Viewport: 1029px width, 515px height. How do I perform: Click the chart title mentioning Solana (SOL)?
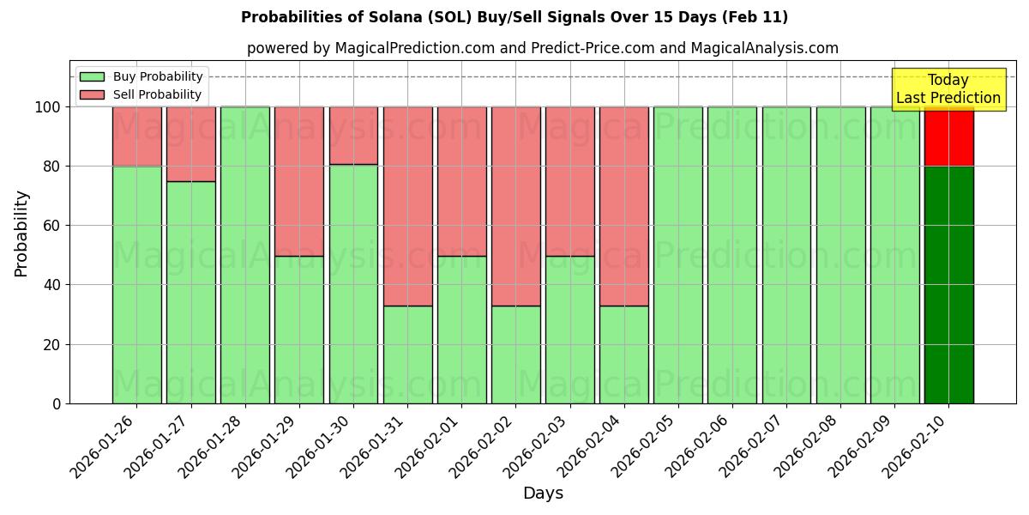[x=514, y=17]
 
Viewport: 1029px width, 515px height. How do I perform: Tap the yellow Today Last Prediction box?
[x=948, y=89]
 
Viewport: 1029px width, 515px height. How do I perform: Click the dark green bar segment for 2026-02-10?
[x=948, y=284]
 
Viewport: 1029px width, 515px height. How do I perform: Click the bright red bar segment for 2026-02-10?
[x=948, y=136]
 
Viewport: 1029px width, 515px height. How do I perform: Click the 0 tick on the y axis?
[x=57, y=403]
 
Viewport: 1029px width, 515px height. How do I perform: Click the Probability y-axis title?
[x=21, y=233]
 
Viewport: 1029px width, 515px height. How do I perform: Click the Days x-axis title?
[x=543, y=494]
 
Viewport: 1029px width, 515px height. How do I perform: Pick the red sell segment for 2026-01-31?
[x=407, y=206]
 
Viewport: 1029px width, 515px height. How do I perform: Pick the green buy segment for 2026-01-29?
[x=299, y=330]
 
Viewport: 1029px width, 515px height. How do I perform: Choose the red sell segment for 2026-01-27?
[x=190, y=143]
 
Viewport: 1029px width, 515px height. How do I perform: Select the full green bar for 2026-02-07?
[x=786, y=255]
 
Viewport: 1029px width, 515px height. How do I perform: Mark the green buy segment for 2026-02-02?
[x=516, y=354]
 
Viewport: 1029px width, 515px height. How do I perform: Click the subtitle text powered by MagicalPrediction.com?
[x=543, y=48]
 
